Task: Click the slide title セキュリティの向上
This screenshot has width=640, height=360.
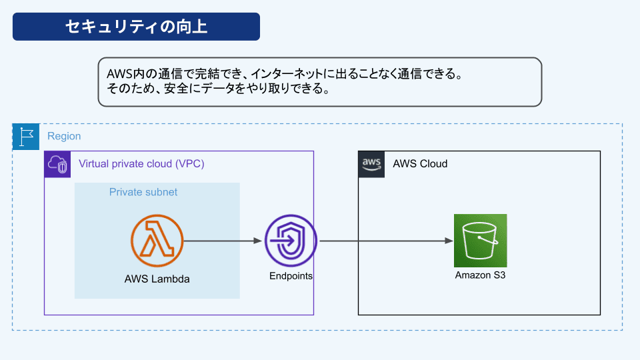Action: coord(136,27)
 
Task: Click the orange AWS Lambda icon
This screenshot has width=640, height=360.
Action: coord(157,241)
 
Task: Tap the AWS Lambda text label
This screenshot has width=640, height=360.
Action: coord(157,279)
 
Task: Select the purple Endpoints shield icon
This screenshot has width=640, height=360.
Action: coord(291,241)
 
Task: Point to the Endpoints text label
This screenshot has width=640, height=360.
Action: coord(291,276)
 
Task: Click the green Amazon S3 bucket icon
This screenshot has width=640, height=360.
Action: coord(481,241)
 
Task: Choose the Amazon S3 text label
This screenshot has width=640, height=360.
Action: coord(481,275)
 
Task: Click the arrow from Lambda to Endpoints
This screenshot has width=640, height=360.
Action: coord(223,241)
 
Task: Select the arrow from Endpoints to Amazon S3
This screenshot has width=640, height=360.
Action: coord(386,241)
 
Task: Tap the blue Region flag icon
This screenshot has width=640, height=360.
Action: coord(26,137)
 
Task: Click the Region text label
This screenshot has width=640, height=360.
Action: coord(64,136)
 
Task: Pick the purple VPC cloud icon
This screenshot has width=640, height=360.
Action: coord(57,165)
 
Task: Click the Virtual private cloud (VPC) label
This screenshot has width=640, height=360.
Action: coord(141,164)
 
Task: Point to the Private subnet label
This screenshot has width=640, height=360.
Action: coord(143,192)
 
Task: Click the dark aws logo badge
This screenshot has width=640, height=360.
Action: coord(371,165)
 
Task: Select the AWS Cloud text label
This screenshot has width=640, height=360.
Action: coord(420,164)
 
